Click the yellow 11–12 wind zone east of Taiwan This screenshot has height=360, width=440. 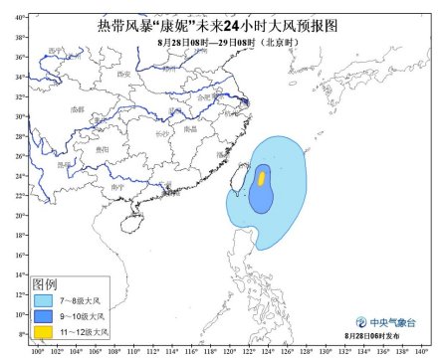[x=262, y=178]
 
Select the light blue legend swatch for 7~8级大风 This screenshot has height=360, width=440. [x=42, y=297]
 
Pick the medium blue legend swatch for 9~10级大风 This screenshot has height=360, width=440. [x=42, y=313]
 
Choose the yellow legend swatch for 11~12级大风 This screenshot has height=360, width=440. [x=42, y=329]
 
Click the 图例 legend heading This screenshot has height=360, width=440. [x=46, y=283]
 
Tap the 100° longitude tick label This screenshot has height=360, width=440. [x=38, y=350]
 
